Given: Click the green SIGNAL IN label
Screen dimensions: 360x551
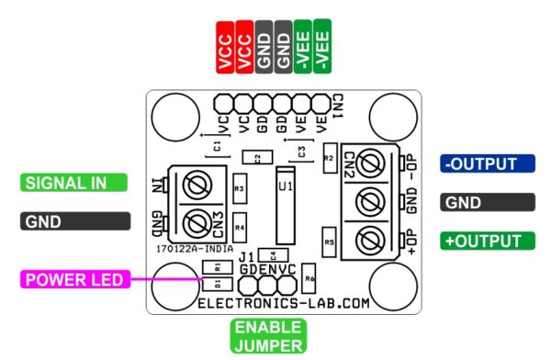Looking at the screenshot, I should [65, 182].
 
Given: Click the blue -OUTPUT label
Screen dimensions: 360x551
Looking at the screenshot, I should [487, 163].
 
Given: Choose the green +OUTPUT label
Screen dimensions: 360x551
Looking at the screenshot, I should [487, 241].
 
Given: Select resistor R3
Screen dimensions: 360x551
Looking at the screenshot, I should [240, 188].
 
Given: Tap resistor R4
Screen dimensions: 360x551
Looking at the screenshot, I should [240, 225].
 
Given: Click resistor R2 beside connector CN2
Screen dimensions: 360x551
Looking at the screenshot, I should [328, 158].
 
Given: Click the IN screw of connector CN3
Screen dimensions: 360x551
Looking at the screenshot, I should [194, 187].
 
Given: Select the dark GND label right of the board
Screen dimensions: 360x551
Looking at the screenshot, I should [487, 202].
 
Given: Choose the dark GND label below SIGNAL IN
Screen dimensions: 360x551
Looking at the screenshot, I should [65, 221].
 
